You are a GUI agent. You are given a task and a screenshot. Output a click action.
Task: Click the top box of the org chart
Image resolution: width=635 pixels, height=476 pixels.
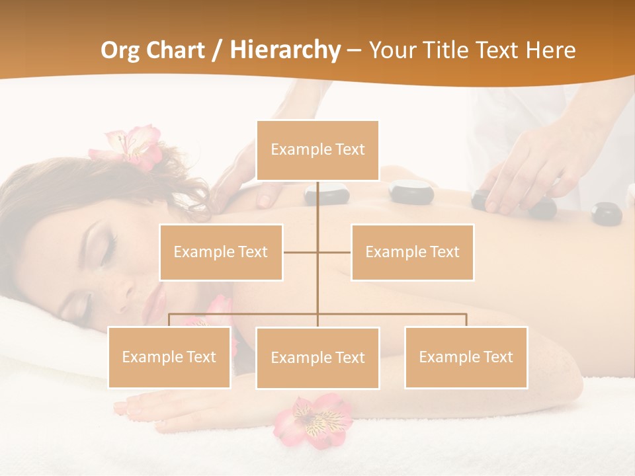pos(317,150)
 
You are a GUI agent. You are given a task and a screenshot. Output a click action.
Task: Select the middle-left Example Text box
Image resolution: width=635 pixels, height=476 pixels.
pos(221,252)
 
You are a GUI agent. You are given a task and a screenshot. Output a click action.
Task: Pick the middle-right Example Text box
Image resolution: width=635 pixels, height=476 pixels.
pos(412,252)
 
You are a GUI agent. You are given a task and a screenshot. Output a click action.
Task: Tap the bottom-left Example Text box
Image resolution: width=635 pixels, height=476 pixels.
pos(169,357)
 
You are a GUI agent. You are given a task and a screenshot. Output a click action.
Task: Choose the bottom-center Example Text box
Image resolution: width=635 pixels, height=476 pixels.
pos(317,358)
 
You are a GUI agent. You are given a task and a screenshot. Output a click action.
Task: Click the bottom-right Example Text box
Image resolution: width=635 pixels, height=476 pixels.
pos(466,357)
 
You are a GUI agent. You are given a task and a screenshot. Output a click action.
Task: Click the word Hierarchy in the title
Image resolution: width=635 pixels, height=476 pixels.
pos(285,50)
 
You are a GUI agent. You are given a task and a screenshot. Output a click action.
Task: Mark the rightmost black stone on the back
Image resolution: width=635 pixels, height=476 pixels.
pos(606,213)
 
